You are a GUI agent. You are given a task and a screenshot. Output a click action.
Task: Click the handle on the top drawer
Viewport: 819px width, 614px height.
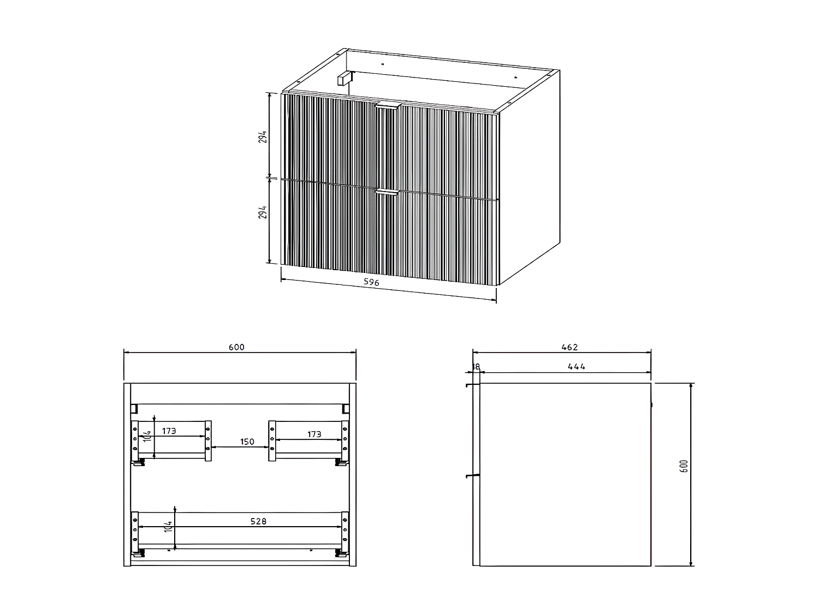tap(388, 106)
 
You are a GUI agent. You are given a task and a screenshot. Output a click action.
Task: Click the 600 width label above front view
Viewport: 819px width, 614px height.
tap(237, 347)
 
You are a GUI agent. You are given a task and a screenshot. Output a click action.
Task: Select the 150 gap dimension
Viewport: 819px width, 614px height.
tap(247, 441)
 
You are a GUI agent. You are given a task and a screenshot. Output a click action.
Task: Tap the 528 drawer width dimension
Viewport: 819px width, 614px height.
tap(258, 521)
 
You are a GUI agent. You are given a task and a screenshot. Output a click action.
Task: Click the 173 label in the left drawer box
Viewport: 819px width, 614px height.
tap(169, 431)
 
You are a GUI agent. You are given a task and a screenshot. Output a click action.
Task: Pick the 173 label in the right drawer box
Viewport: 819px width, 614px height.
tap(314, 434)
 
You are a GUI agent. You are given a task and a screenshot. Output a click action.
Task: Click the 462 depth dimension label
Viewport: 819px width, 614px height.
tap(569, 347)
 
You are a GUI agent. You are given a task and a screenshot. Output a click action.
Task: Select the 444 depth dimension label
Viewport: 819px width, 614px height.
tap(576, 367)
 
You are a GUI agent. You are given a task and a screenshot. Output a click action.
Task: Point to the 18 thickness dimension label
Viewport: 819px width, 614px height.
tap(476, 367)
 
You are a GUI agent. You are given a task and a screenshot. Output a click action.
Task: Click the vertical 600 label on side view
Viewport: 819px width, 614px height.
tap(685, 466)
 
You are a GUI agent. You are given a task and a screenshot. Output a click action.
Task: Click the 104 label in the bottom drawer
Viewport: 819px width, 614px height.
tap(169, 527)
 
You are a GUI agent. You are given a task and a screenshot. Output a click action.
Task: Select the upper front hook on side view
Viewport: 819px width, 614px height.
tap(468, 386)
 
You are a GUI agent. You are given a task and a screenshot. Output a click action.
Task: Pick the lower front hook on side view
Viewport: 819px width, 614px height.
tap(468, 476)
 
